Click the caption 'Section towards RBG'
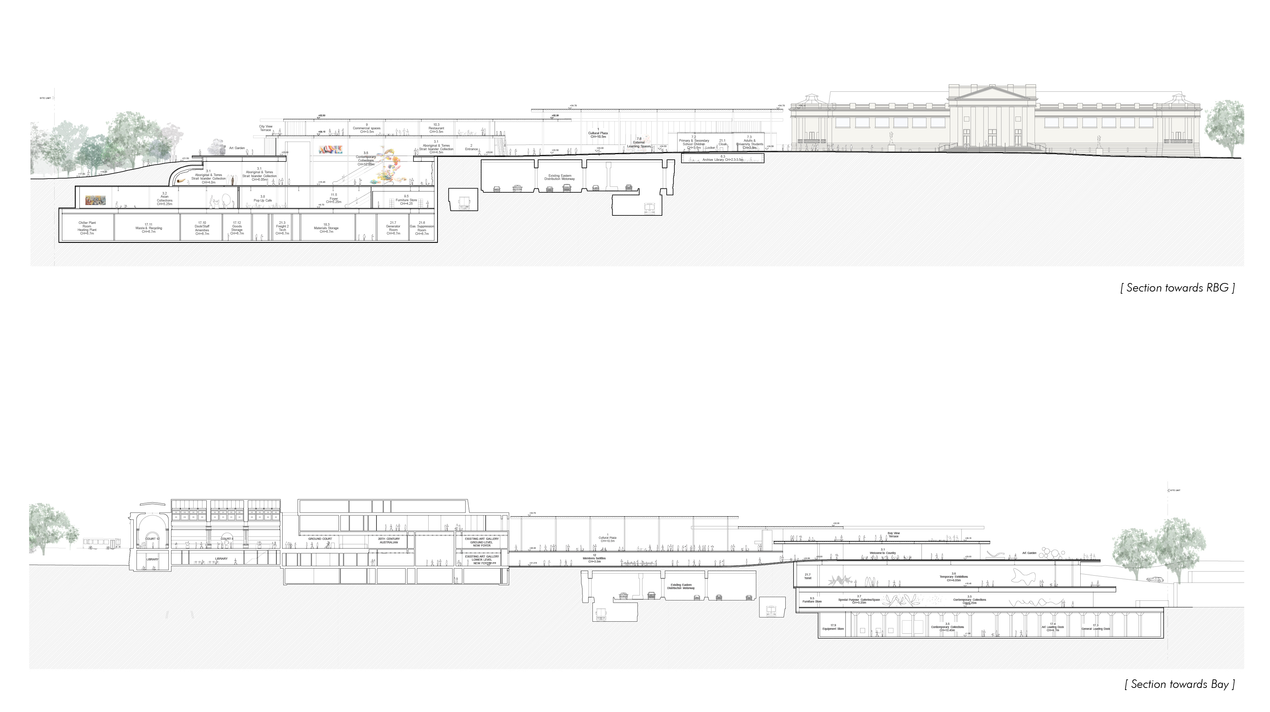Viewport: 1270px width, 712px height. coord(1177,288)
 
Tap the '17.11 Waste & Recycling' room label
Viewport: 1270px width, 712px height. coord(149,228)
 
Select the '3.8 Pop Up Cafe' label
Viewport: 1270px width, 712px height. coord(263,199)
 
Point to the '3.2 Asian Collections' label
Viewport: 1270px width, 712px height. coord(165,199)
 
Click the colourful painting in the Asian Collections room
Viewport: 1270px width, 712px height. coord(95,200)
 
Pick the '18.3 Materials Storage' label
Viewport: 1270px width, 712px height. coord(327,228)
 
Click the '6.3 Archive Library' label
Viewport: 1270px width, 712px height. coord(723,159)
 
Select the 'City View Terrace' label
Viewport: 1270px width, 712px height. coord(266,128)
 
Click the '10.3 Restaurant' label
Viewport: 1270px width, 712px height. coord(436,128)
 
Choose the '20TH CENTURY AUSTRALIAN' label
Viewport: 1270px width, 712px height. coord(389,541)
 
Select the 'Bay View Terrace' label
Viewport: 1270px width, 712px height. coord(893,535)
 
